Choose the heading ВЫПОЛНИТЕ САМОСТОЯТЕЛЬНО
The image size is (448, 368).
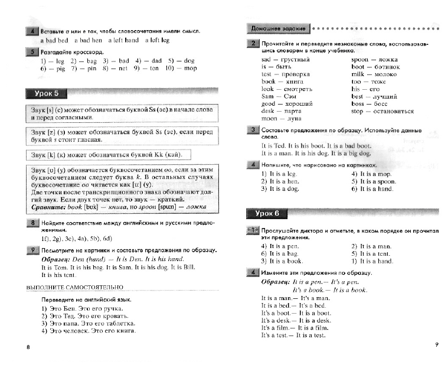[x=75, y=287]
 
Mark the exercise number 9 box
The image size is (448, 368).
[x=32, y=250]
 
